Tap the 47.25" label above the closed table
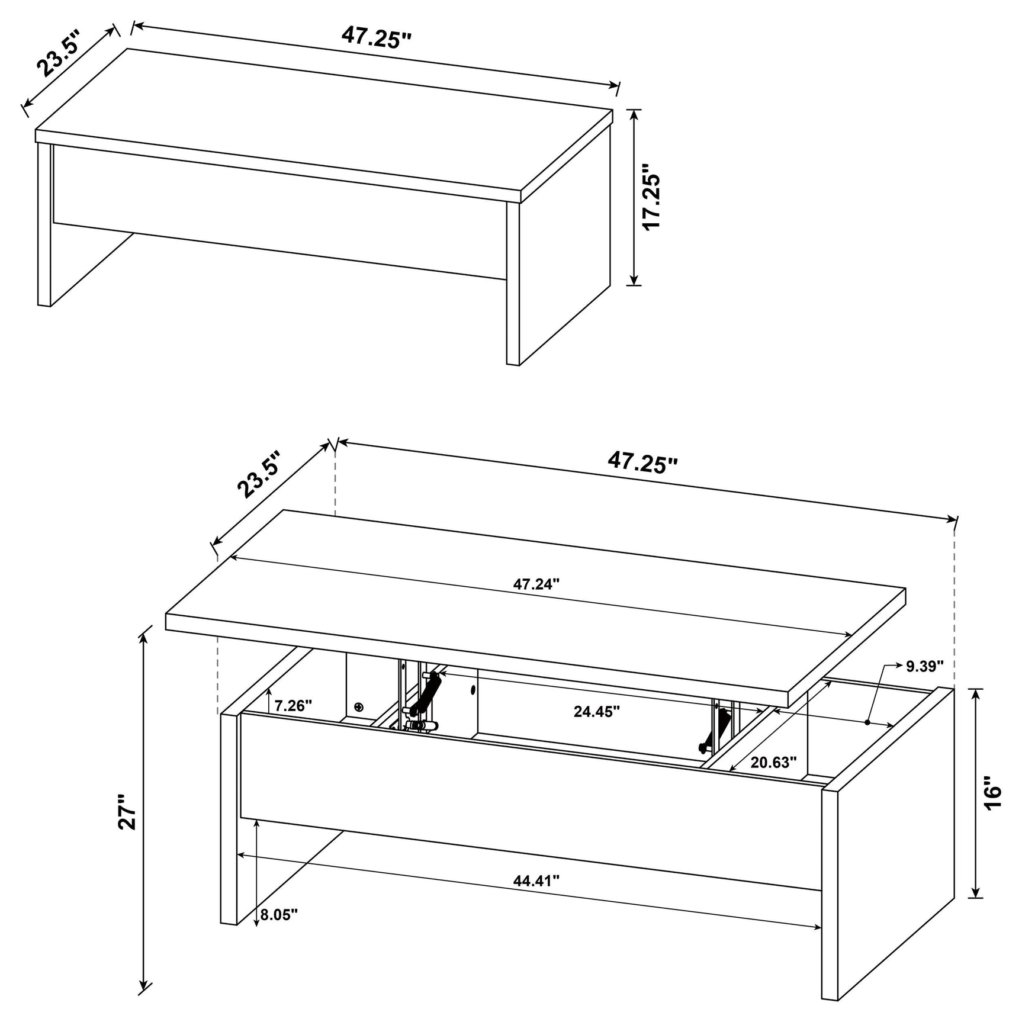376,37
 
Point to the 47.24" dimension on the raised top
536,584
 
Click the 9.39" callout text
924,666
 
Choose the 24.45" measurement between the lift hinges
596,711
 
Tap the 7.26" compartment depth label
293,705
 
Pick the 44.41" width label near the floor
536,897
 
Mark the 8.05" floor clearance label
278,931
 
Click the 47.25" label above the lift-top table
642,478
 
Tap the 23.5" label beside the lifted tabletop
258,474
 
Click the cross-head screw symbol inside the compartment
358,707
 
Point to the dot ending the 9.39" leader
867,722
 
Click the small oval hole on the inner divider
473,690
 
